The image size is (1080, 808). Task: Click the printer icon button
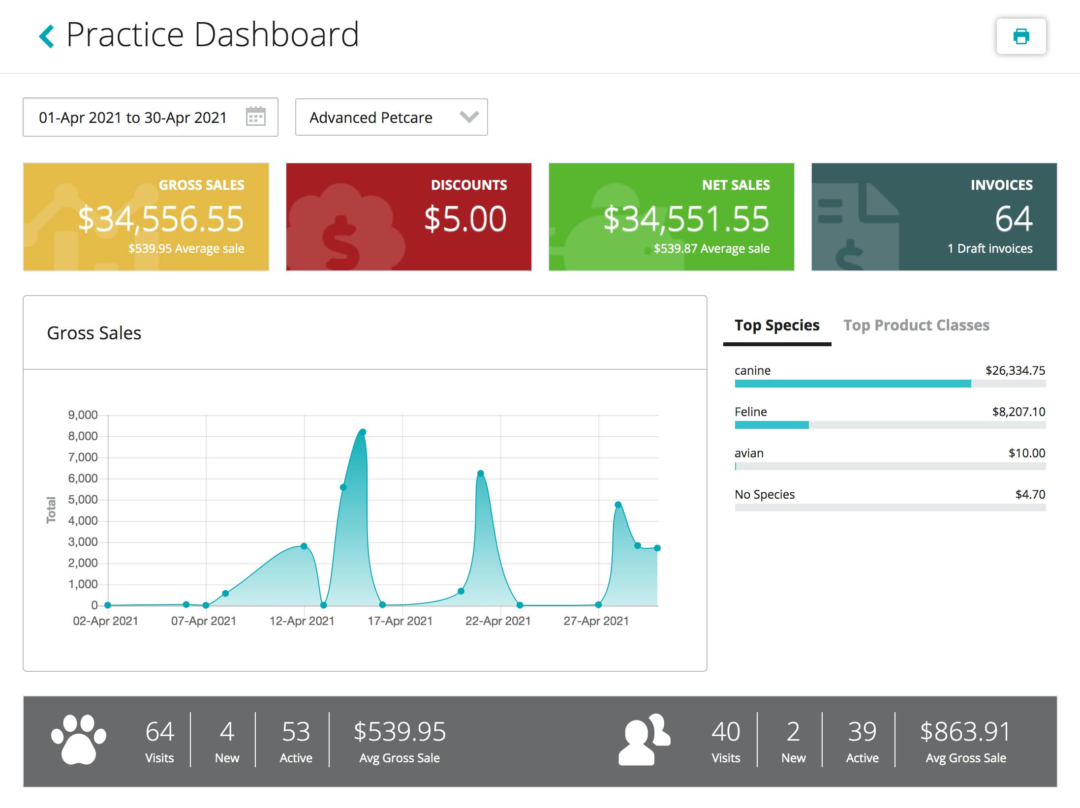coord(1021,36)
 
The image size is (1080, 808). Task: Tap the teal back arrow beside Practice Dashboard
coord(46,36)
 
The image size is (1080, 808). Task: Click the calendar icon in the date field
coord(255,117)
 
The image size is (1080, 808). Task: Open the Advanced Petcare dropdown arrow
coord(469,117)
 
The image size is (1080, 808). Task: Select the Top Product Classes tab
coord(916,326)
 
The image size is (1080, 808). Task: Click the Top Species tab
coord(777,326)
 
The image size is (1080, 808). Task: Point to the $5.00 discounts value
coord(465,219)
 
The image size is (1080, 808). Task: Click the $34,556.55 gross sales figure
coord(161,219)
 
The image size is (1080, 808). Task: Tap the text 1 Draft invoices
coord(990,249)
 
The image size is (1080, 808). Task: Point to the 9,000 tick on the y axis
coord(83,415)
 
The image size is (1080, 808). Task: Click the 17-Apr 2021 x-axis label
coord(400,621)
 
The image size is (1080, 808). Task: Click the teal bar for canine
coord(853,384)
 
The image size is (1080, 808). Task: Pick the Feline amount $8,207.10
coord(1018,412)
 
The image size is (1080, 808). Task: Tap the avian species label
coord(749,453)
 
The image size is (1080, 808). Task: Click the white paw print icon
coord(79,739)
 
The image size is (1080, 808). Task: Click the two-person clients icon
coord(644,739)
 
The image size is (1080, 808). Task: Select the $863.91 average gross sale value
coord(965,732)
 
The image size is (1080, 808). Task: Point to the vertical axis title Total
coord(51,510)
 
